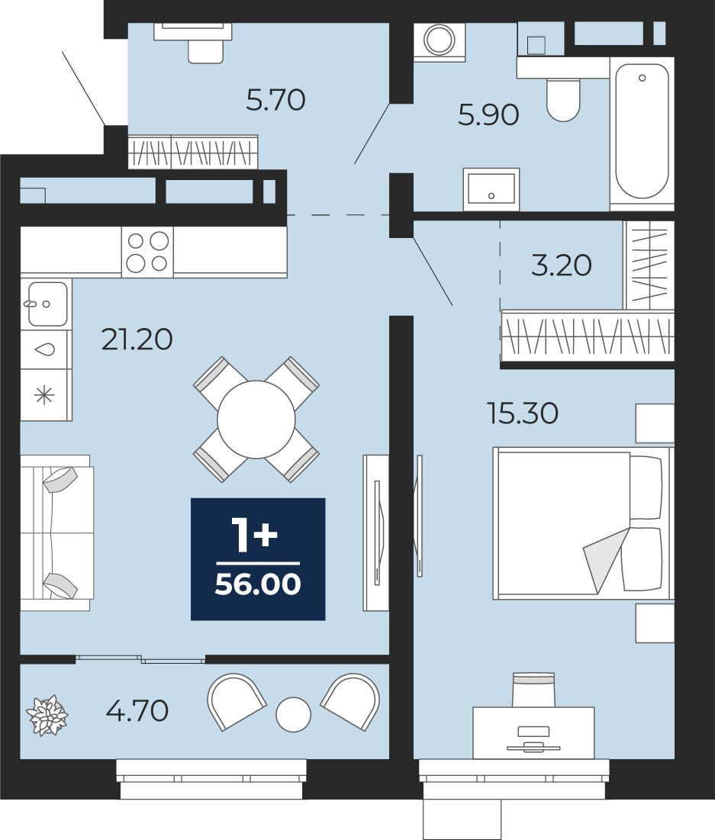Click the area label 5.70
(275, 100)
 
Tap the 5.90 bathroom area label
(488, 114)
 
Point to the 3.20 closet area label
(561, 266)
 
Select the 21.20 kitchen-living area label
(137, 339)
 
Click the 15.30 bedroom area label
(523, 413)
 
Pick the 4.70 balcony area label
(137, 711)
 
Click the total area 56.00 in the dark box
(258, 584)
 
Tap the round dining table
(256, 420)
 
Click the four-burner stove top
(147, 252)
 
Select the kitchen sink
(47, 304)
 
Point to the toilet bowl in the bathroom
(563, 99)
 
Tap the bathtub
(642, 134)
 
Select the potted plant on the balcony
(47, 716)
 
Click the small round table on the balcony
(293, 715)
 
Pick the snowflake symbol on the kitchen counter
(44, 396)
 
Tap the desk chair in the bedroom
(533, 690)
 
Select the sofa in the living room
(56, 533)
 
